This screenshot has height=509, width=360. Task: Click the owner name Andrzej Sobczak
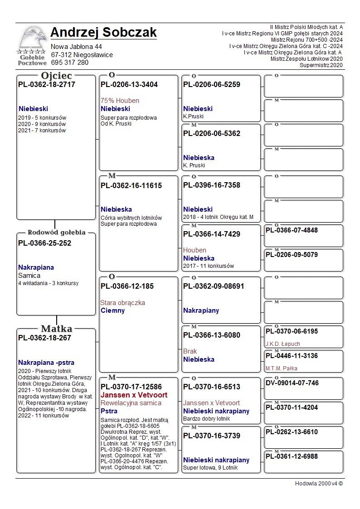[103, 33]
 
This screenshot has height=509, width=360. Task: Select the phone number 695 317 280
[69, 63]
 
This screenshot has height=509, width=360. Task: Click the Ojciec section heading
[57, 76]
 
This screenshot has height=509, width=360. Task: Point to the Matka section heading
[57, 329]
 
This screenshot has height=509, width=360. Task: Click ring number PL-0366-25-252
[44, 243]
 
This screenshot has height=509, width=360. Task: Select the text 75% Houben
[120, 101]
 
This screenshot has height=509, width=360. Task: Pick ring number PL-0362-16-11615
[131, 185]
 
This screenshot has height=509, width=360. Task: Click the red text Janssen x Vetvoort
[134, 395]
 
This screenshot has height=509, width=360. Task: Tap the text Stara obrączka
[122, 303]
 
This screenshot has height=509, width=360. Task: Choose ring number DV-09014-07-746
[292, 383]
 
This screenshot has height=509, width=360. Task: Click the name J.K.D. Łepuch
[282, 344]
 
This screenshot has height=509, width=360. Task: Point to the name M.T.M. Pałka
[281, 368]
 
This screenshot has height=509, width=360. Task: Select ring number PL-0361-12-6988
[292, 456]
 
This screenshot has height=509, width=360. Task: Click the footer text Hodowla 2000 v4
[319, 484]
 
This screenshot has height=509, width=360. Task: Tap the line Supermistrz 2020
[321, 65]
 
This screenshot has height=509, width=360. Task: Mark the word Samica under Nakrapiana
[29, 276]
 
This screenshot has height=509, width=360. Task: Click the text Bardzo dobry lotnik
[206, 419]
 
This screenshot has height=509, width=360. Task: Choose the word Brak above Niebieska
[190, 351]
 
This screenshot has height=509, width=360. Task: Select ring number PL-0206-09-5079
[292, 255]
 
